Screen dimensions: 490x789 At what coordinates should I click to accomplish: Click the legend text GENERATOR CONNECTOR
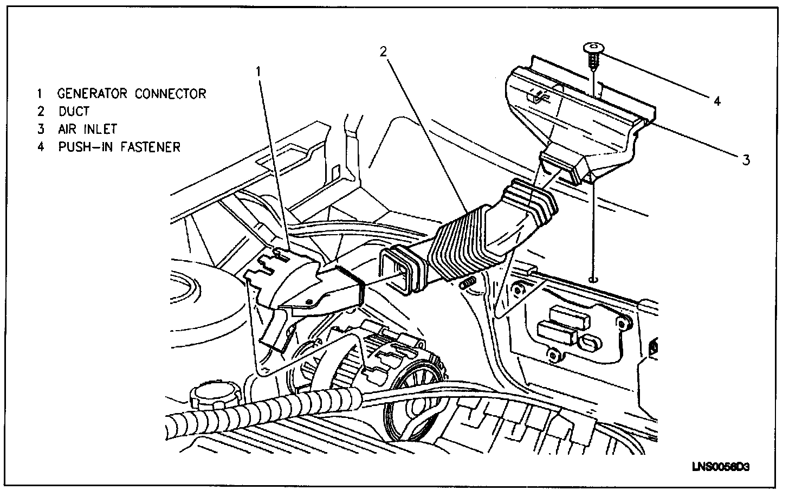tap(132, 94)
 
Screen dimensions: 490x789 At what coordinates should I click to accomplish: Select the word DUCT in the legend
tap(74, 112)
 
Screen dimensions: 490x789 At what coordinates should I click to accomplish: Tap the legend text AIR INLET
tap(87, 129)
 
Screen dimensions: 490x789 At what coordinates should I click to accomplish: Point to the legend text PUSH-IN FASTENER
tap(119, 147)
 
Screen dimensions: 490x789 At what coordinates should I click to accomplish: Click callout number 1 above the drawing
tap(259, 71)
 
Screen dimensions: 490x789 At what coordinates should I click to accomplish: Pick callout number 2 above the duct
tap(383, 51)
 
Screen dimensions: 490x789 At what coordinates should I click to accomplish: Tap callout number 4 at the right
tap(716, 101)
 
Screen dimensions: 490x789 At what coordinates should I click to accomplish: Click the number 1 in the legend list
tap(40, 94)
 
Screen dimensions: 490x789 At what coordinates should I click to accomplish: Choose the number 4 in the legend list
tap(40, 147)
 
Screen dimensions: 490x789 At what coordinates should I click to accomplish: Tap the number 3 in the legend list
tap(40, 129)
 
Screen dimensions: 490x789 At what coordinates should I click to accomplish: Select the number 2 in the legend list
tap(40, 112)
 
